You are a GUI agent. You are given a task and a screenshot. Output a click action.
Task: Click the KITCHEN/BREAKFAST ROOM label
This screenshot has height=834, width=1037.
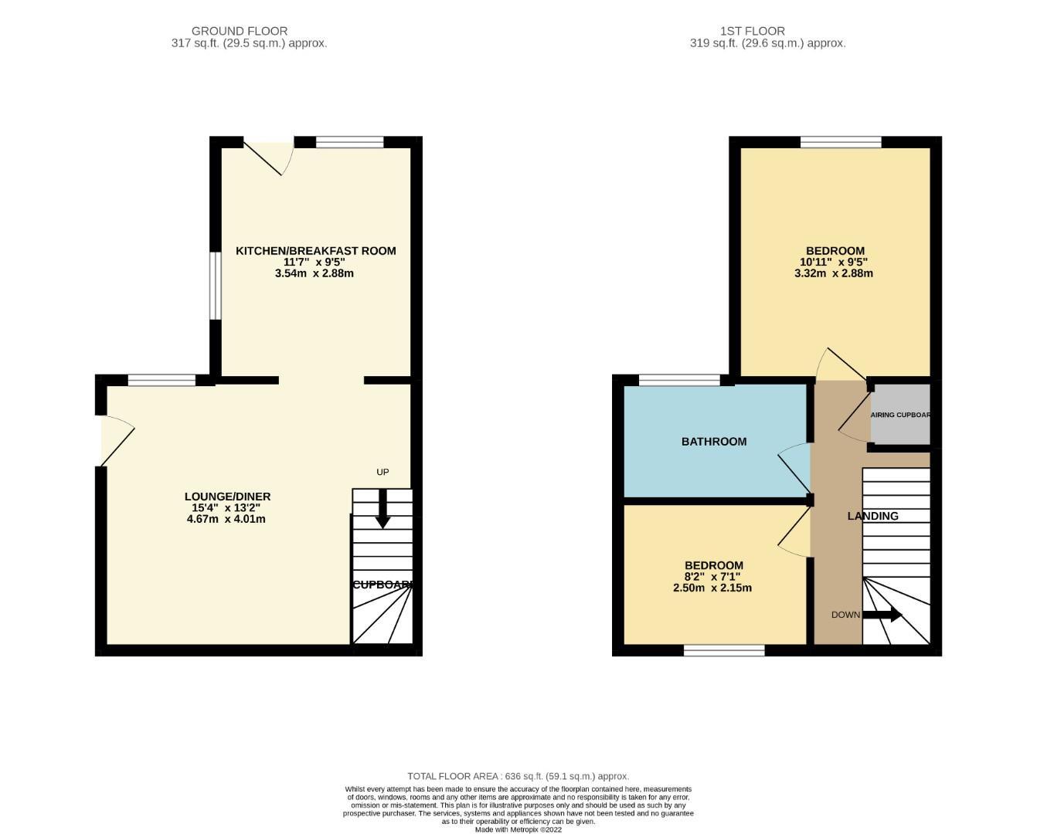pos(315,251)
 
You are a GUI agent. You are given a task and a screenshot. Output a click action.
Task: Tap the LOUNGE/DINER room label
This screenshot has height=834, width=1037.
pos(227,497)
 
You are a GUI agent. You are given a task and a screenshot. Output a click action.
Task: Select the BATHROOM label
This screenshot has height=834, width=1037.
pos(714,442)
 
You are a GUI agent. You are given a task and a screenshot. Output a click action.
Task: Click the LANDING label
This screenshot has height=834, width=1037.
pos(873,516)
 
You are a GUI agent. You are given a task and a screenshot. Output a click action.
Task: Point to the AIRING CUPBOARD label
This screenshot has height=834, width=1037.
pos(900,415)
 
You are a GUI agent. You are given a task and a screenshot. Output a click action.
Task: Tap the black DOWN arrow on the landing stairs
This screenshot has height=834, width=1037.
pos(882,615)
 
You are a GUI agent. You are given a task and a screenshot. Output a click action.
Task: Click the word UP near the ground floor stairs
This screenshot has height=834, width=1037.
pos(382,472)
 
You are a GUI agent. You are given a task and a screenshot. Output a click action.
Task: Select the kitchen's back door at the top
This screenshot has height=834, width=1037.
pos(268,154)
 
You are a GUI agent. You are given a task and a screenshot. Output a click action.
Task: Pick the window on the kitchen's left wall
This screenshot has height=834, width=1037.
pos(216,285)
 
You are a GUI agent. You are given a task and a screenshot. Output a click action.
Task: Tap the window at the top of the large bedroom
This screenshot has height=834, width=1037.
pos(841,142)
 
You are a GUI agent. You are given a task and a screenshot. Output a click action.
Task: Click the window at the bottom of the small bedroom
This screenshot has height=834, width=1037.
pos(724,650)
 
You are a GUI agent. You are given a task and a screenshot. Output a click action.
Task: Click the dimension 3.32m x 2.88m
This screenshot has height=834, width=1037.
pos(834,273)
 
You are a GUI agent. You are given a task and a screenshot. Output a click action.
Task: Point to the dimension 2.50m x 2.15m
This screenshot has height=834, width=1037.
pos(712,588)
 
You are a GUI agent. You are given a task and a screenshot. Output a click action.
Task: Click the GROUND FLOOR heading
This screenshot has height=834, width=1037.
pos(240,32)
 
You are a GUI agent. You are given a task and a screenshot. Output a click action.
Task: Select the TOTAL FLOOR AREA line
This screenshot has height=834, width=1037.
pos(518,776)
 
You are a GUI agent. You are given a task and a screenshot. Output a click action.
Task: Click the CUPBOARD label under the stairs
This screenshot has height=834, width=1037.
pos(382,585)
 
